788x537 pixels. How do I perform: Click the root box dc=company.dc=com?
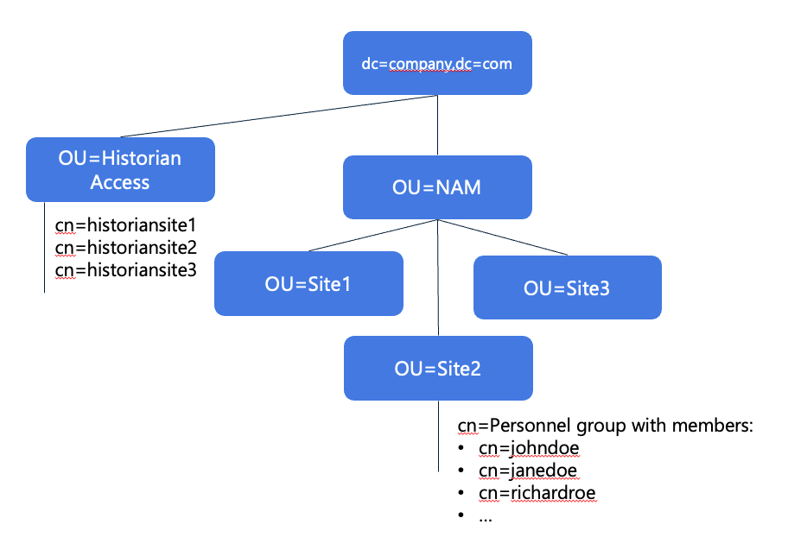coord(437,63)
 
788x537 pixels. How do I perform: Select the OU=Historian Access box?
coord(120,170)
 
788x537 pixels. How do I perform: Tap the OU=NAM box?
coord(437,187)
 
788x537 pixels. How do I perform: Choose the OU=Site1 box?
coord(308,283)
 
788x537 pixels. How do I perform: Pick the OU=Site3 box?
coord(567,287)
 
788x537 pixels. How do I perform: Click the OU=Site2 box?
coord(437,369)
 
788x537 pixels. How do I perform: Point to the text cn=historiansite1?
coord(126,225)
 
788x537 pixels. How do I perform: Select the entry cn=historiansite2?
coord(126,248)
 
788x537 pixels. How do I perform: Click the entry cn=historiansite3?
coord(126,270)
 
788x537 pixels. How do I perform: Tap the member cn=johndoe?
coord(528,448)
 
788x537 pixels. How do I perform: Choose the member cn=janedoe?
coord(528,471)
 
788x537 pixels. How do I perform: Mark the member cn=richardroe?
coord(537,493)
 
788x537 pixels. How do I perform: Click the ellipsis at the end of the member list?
coord(486,516)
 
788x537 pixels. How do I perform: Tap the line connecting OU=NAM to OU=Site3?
coord(501,237)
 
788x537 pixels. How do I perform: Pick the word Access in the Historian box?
coord(120,182)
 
